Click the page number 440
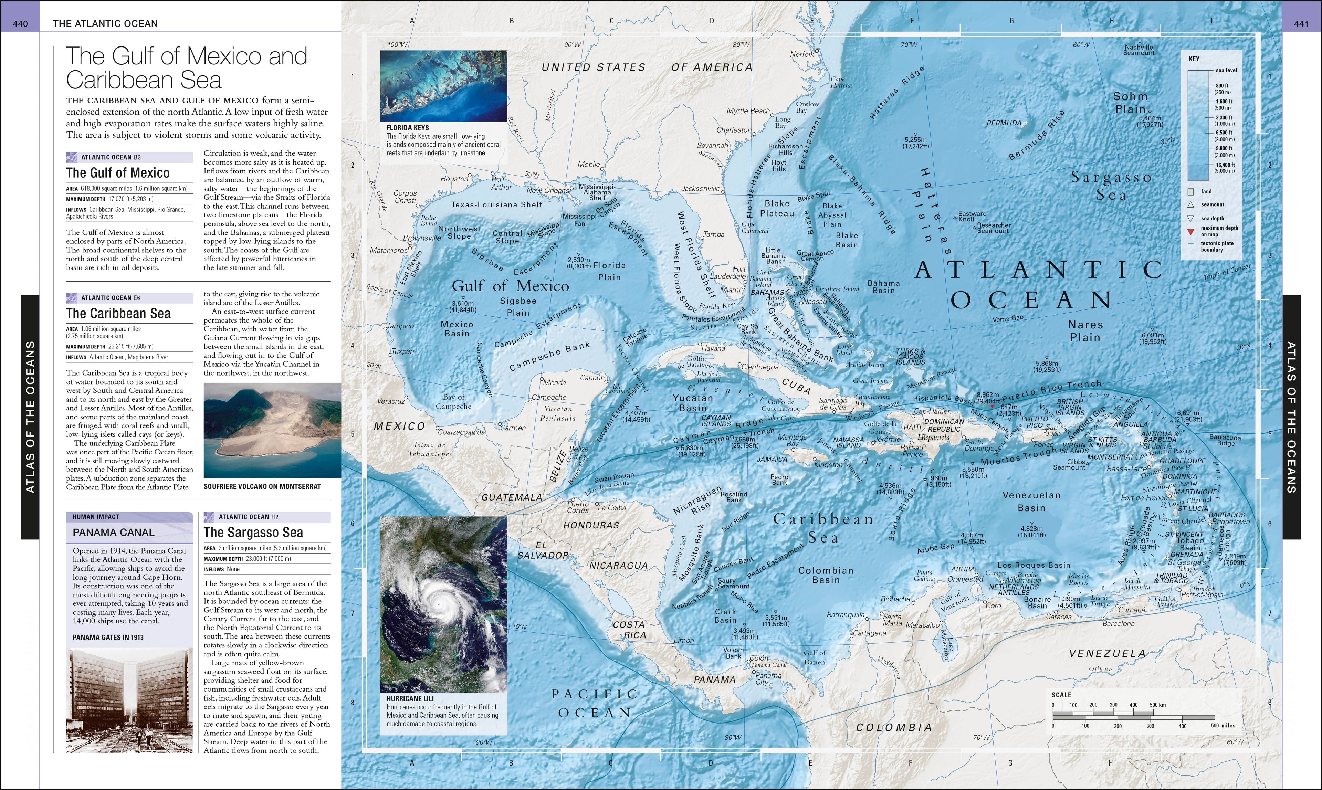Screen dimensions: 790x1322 pyautogui.click(x=20, y=23)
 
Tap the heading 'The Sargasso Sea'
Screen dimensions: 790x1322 pyautogui.click(x=253, y=532)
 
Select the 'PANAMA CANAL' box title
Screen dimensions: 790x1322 pyautogui.click(x=113, y=532)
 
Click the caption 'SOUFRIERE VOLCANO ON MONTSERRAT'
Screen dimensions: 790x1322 pyautogui.click(x=262, y=486)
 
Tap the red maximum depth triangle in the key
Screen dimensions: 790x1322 pyautogui.click(x=1191, y=232)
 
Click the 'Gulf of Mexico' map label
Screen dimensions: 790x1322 pyautogui.click(x=510, y=286)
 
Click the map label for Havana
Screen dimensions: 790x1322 pyautogui.click(x=713, y=348)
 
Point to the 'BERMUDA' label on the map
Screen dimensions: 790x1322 pyautogui.click(x=1004, y=123)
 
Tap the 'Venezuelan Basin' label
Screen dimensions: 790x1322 pyautogui.click(x=1031, y=502)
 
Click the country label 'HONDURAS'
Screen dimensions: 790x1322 pyautogui.click(x=591, y=525)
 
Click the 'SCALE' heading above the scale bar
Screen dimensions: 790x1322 pyautogui.click(x=1061, y=695)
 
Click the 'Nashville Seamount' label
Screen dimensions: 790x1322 pyautogui.click(x=1139, y=50)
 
